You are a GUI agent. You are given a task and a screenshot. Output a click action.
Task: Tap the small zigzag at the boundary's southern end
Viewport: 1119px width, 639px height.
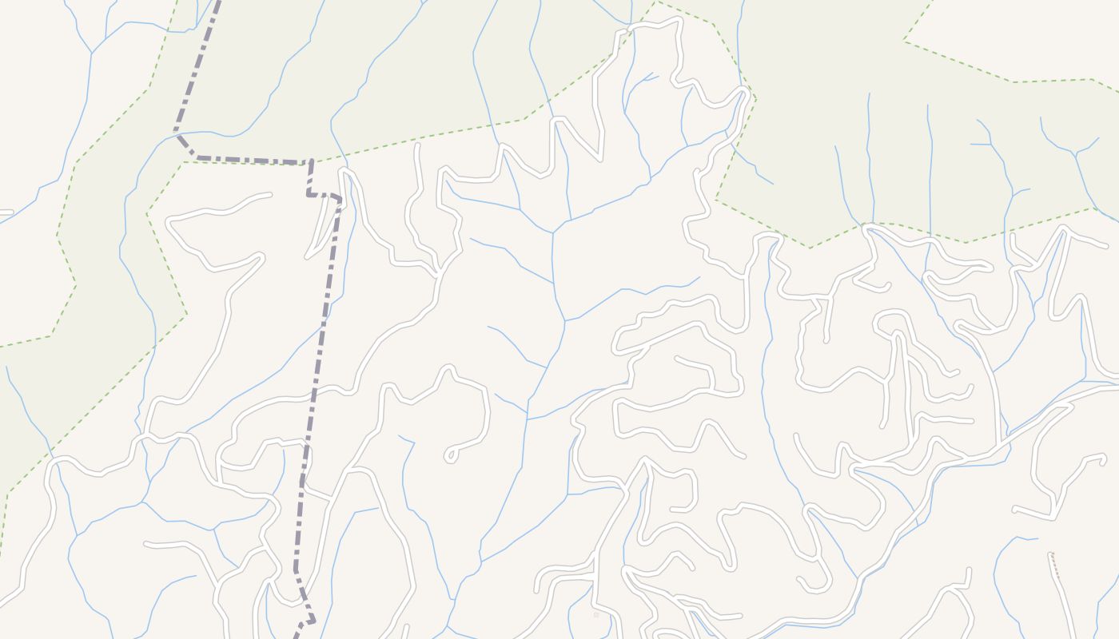[307, 620]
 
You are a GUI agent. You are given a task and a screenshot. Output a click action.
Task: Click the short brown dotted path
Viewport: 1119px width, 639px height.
[1054, 564]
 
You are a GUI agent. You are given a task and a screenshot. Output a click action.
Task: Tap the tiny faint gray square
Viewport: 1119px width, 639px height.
[595, 615]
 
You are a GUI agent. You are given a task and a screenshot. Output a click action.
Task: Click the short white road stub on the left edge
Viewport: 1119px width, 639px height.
[6, 212]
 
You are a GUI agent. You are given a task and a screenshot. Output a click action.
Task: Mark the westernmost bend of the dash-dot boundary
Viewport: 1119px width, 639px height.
[177, 137]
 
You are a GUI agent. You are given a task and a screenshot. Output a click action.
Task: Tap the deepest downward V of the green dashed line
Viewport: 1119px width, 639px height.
[809, 248]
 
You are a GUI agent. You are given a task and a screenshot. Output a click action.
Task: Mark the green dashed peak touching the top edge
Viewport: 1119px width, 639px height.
[655, 2]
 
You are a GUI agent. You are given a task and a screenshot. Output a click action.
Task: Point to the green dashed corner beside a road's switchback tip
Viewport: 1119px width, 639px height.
[755, 99]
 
